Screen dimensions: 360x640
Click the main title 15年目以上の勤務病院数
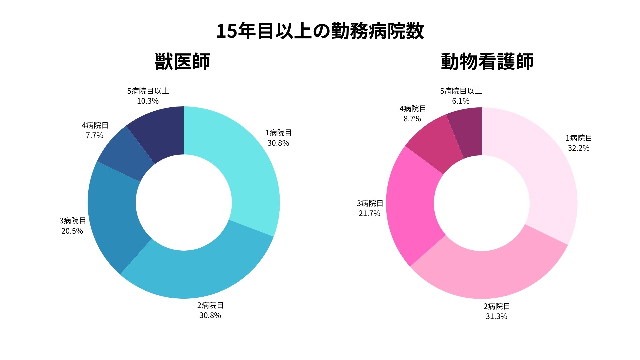pyautogui.click(x=320, y=31)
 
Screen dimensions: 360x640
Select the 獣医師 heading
pyautogui.click(x=182, y=62)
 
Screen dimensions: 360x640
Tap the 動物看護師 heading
pyautogui.click(x=487, y=62)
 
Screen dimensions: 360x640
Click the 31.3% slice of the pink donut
pyautogui.click(x=490, y=273)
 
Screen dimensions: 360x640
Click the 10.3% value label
pyautogui.click(x=148, y=101)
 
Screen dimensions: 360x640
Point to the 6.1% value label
pyautogui.click(x=461, y=101)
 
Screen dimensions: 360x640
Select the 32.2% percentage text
pyautogui.click(x=579, y=148)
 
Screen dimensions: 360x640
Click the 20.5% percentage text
pyautogui.click(x=72, y=231)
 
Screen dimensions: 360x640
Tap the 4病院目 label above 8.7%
pyautogui.click(x=413, y=109)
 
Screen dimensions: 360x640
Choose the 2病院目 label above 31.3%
pyautogui.click(x=497, y=306)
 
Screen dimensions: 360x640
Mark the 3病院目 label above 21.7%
pyautogui.click(x=370, y=203)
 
